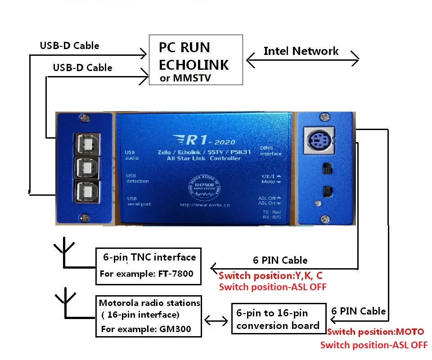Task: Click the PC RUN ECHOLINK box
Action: point(196,60)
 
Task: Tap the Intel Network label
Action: point(301,51)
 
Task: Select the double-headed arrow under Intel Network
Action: point(302,58)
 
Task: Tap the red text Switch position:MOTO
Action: point(375,332)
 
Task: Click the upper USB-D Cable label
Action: point(69,45)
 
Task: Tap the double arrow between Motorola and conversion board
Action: point(216,320)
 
